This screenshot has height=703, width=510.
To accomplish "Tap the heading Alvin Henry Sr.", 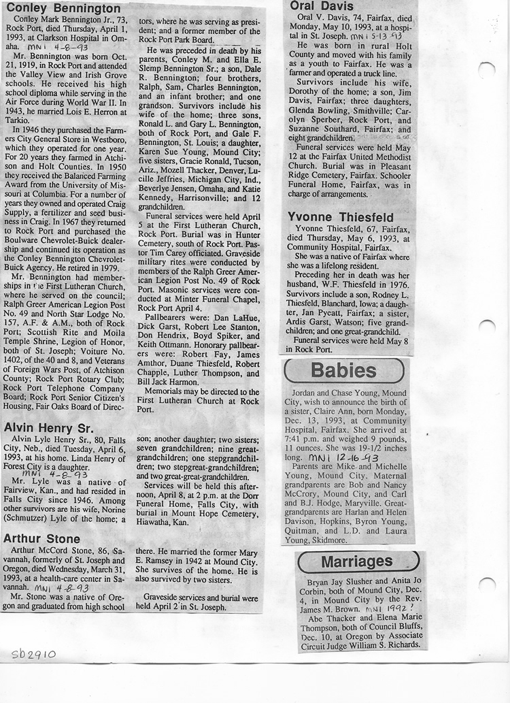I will point(50,427).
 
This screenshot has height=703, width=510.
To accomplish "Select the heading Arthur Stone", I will point(41,538).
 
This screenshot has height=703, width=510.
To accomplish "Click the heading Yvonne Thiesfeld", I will point(341,218).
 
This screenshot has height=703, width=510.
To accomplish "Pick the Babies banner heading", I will point(343,371).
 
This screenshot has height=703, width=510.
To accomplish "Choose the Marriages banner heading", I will point(356,561).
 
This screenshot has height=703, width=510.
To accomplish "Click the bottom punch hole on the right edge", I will point(487,584).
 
